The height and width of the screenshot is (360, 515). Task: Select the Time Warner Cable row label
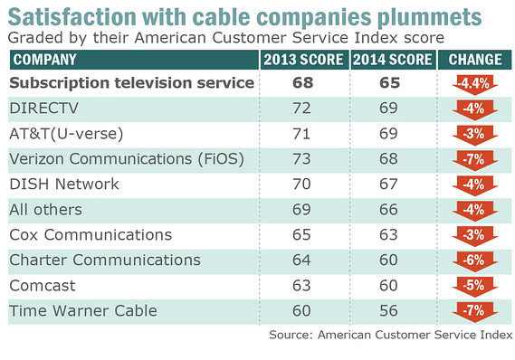tap(82, 310)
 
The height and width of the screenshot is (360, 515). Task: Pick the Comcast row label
tap(44, 285)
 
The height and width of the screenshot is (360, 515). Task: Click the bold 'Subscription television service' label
tap(131, 83)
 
